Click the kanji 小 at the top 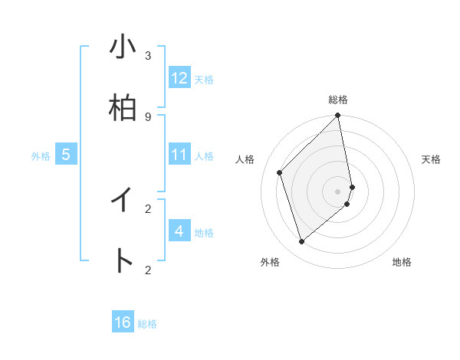[123, 47]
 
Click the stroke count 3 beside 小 [148, 55]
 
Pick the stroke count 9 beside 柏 [148, 116]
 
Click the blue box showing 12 [179, 78]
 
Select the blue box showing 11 [179, 155]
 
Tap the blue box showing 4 [179, 231]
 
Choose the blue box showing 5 [66, 155]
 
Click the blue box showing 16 [123, 322]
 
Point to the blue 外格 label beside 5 [41, 156]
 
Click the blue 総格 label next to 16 [147, 324]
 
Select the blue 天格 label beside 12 [204, 80]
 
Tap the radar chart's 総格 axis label [338, 100]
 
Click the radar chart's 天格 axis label [431, 159]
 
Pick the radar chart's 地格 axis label [402, 262]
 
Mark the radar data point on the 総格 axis [338, 116]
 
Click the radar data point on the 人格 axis [280, 172]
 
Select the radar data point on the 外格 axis [302, 242]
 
